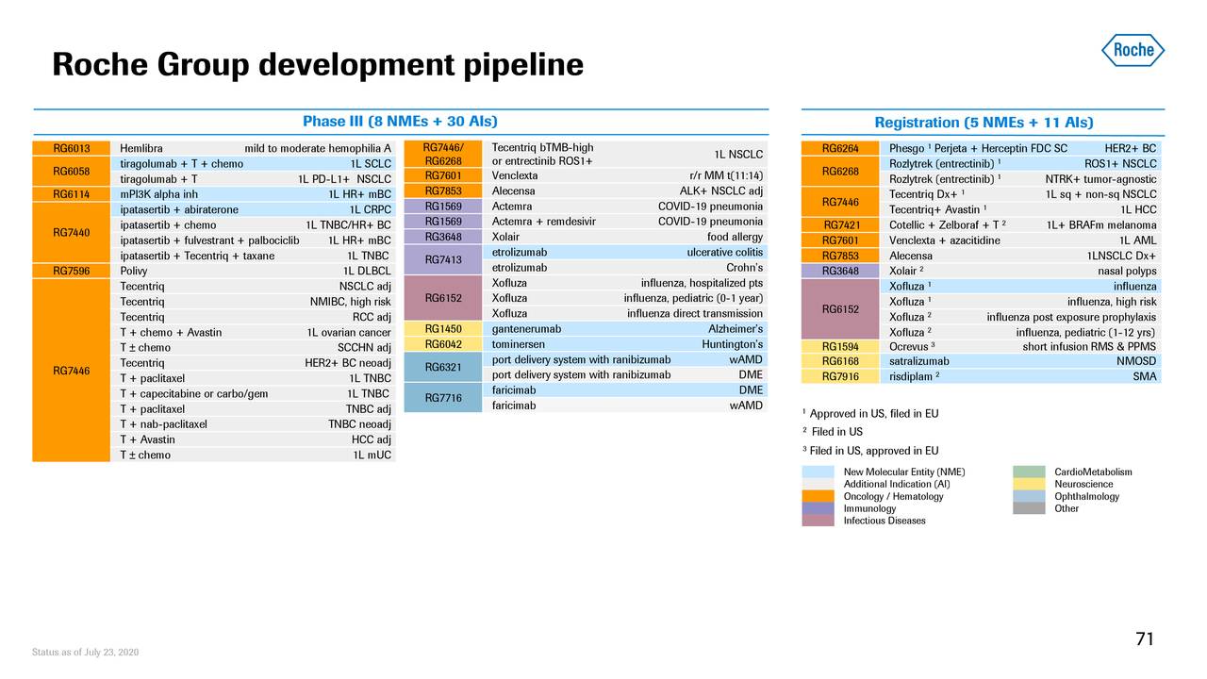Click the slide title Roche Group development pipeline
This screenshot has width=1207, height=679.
click(318, 65)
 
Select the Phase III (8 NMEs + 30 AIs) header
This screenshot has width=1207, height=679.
click(400, 122)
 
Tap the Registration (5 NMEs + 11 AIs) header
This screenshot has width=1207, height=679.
click(984, 123)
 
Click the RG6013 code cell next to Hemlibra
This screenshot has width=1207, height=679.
click(72, 148)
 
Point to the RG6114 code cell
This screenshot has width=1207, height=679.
click(72, 194)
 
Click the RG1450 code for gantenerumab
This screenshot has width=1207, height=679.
click(442, 329)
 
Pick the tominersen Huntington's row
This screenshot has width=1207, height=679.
click(627, 344)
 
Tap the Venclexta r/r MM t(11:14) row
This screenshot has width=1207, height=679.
click(627, 175)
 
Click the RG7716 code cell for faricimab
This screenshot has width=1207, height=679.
click(442, 398)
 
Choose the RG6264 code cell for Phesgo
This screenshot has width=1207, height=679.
click(840, 148)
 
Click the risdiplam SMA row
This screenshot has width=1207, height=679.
click(1022, 376)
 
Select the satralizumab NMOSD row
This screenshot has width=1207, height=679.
click(1022, 361)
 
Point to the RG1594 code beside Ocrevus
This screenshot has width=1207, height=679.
click(840, 346)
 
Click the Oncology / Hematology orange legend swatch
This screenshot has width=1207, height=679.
click(818, 496)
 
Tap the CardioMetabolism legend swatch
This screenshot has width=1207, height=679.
click(1029, 472)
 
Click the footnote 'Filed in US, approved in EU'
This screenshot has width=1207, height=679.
click(873, 450)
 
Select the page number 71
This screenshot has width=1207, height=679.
click(1145, 639)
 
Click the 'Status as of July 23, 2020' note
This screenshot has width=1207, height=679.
click(86, 653)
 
